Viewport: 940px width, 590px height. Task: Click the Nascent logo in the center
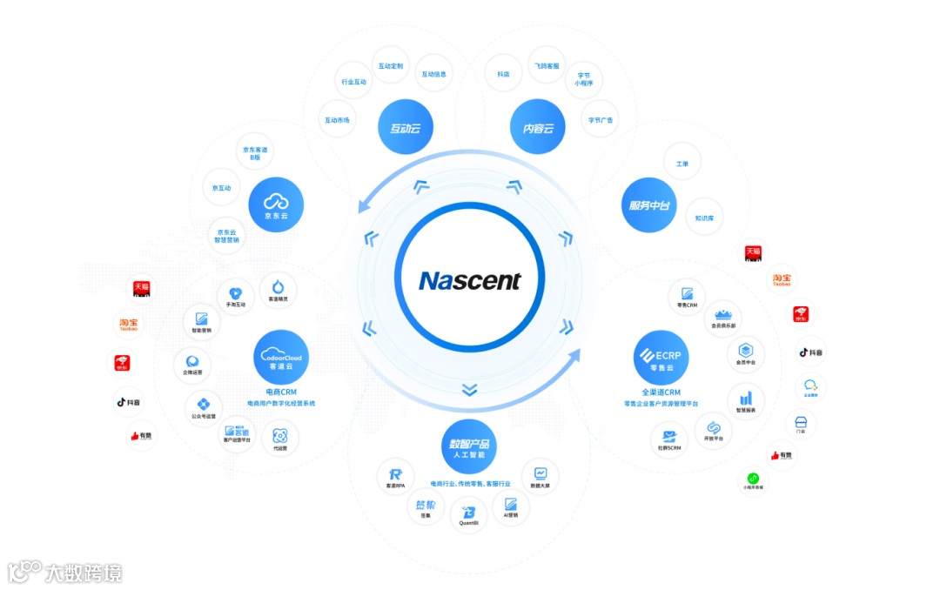click(x=469, y=280)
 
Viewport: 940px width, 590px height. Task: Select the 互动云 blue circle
click(x=406, y=128)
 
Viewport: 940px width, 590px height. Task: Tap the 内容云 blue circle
click(x=537, y=128)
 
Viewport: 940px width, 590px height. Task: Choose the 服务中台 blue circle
click(x=650, y=205)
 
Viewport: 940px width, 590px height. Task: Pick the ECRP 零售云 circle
click(x=661, y=358)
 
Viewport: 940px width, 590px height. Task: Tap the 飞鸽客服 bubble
click(x=547, y=66)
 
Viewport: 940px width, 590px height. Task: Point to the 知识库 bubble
click(x=704, y=218)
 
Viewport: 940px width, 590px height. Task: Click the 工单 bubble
click(x=681, y=163)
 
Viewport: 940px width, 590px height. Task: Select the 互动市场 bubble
click(x=337, y=120)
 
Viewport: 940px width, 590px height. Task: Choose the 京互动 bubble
click(x=222, y=188)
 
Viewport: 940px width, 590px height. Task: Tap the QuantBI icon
click(x=469, y=514)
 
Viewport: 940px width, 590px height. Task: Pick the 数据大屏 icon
click(x=540, y=474)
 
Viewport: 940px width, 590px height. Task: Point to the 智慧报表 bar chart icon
click(x=746, y=399)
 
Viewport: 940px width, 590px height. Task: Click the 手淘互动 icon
click(x=236, y=296)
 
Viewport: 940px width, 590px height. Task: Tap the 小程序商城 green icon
click(x=753, y=479)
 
